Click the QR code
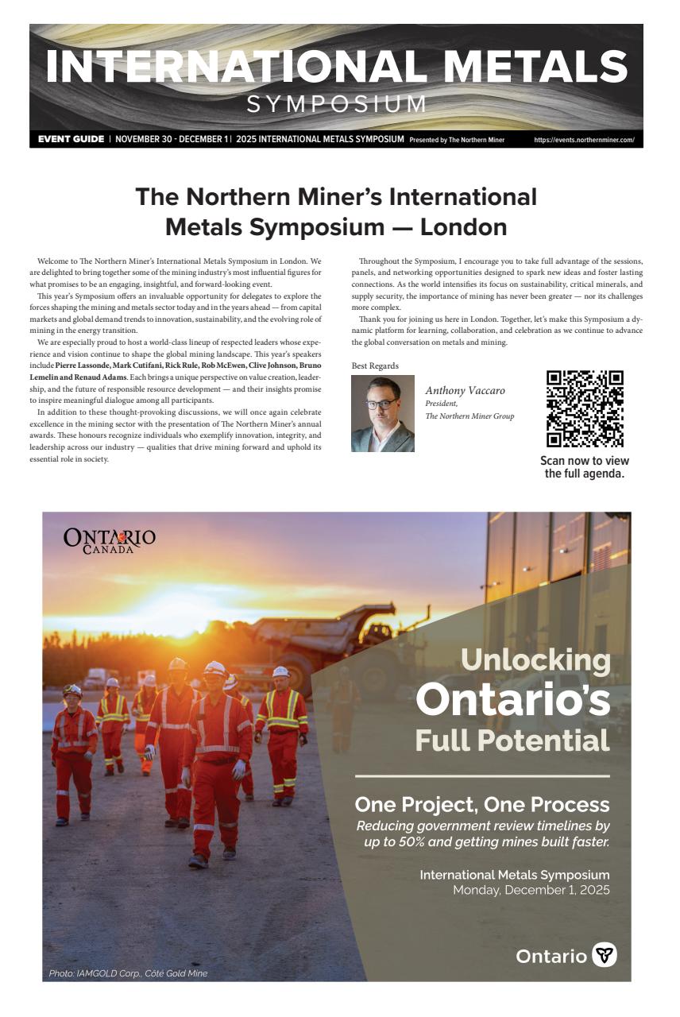point(585,409)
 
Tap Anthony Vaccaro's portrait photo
point(383,413)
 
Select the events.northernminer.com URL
point(584,140)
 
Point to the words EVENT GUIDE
point(71,140)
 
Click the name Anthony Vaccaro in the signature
point(465,390)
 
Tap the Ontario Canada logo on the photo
point(109,540)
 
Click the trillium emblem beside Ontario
point(605,955)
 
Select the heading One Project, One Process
point(482,803)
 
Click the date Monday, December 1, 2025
point(531,890)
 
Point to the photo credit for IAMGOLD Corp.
point(128,973)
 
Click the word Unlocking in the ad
point(535,659)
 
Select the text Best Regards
point(375,365)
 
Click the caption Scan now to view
point(585,461)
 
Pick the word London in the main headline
point(463,226)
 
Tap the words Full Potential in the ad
point(512,741)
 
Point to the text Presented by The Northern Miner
point(457,141)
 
